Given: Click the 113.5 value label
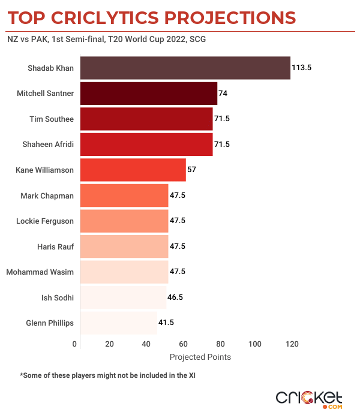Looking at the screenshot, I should coord(301,68).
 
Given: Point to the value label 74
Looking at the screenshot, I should coord(223,94).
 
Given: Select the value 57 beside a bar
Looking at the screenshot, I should coord(191,170).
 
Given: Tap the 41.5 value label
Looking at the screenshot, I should coord(166,323).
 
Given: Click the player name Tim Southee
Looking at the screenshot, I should coord(52,119).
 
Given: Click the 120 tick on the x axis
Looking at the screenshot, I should coord(292,344).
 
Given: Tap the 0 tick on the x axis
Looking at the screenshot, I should coord(75,344).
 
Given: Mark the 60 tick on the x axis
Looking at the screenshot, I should coord(184,344).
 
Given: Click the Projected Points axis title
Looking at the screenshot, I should coord(200,357).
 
